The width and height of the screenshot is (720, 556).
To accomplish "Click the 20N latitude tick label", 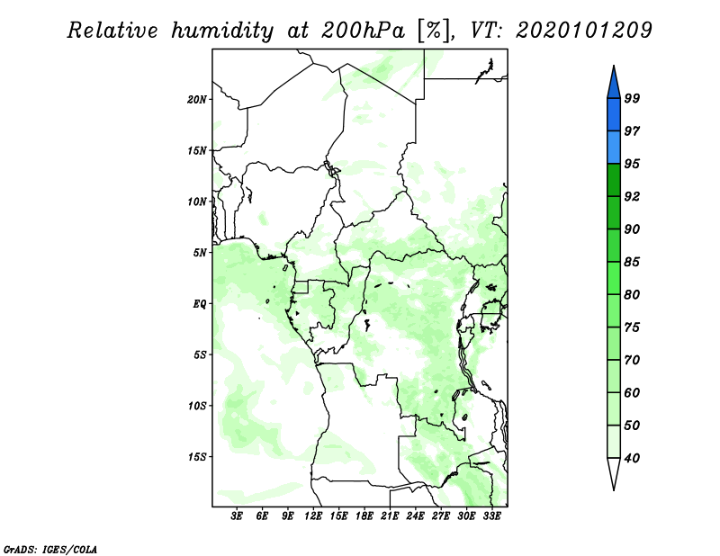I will tap(197, 99).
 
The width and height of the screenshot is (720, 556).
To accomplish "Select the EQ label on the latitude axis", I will tap(202, 304).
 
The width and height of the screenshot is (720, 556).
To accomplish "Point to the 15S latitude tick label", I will tap(197, 457).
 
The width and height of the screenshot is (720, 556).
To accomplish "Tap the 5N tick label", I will tap(200, 253).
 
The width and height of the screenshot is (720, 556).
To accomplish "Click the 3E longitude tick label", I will tap(238, 516).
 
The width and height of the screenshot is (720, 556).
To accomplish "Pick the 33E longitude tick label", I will tap(491, 516).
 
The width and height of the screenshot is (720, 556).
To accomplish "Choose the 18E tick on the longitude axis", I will tap(364, 516).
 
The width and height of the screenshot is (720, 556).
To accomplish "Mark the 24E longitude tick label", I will tap(416, 516).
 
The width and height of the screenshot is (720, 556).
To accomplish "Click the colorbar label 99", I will tap(632, 98).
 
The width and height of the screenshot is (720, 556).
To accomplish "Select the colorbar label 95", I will tap(632, 164).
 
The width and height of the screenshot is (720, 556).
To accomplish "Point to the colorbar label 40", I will tap(632, 458).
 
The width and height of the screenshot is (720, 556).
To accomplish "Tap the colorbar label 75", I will tap(632, 327).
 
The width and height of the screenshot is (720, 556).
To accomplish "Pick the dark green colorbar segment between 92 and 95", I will tap(613, 180).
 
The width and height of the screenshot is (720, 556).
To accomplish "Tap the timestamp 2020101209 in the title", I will tap(583, 31).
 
